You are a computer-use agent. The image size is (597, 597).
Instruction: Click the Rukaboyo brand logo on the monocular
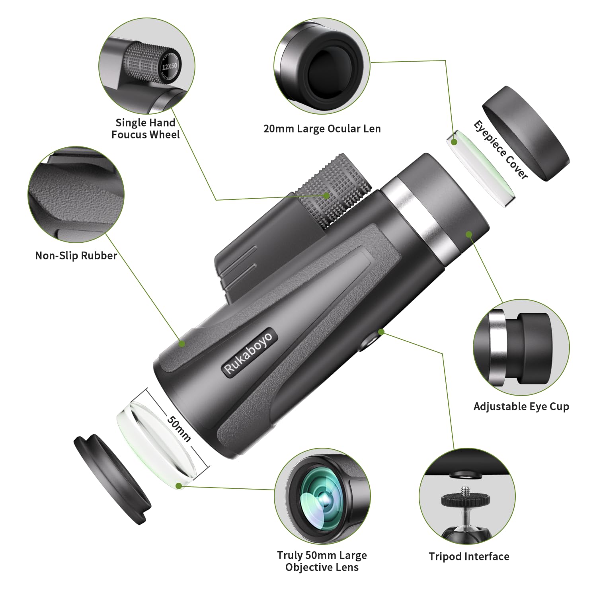(x=248, y=353)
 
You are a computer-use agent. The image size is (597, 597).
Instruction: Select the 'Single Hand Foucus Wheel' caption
(x=145, y=129)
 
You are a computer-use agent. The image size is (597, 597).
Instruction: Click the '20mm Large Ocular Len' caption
(x=322, y=129)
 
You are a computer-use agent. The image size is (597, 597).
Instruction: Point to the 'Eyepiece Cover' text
(x=501, y=150)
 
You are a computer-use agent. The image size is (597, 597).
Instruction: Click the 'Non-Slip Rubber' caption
(x=76, y=256)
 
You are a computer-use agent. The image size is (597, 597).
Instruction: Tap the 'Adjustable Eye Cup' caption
(x=521, y=406)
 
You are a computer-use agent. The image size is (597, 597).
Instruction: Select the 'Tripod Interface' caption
(x=469, y=556)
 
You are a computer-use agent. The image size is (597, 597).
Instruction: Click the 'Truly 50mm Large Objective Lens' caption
(x=322, y=561)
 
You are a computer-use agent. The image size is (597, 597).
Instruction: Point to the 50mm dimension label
(x=179, y=428)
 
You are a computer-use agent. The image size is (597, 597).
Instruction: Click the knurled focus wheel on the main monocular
(x=334, y=191)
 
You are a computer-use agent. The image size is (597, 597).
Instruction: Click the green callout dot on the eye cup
(x=469, y=234)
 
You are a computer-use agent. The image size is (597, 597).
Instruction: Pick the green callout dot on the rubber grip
(x=182, y=343)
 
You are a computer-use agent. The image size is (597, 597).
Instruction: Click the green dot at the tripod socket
(x=381, y=332)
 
